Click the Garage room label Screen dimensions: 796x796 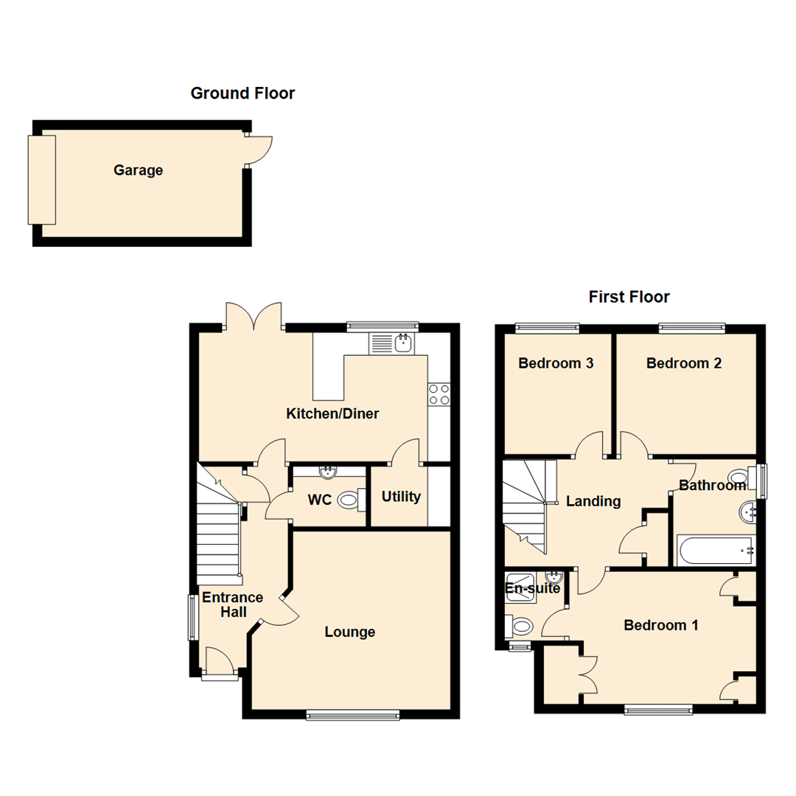coord(138,170)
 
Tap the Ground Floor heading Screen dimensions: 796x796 coord(242,94)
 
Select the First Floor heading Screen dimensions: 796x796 coord(629,297)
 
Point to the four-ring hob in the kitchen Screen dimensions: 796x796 coord(439,395)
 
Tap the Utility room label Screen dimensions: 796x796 coord(401,497)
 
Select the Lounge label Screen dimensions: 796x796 coord(350,632)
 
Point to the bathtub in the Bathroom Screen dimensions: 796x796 coord(716,550)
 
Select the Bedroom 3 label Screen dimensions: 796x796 coord(556,363)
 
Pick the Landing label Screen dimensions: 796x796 coord(593,502)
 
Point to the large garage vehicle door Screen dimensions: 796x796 coord(41,180)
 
